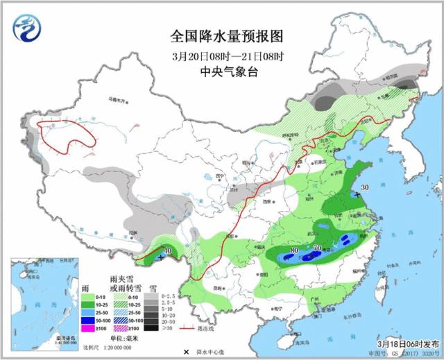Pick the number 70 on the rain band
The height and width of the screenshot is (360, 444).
(319, 246)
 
